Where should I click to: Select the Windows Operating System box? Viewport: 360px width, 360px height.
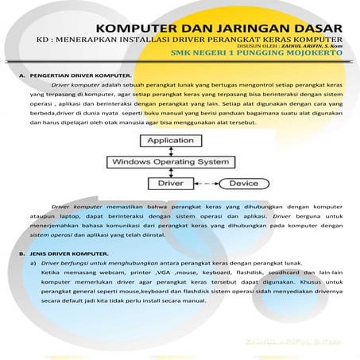(x=173, y=161)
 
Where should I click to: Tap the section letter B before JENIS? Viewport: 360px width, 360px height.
(x=21, y=254)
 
